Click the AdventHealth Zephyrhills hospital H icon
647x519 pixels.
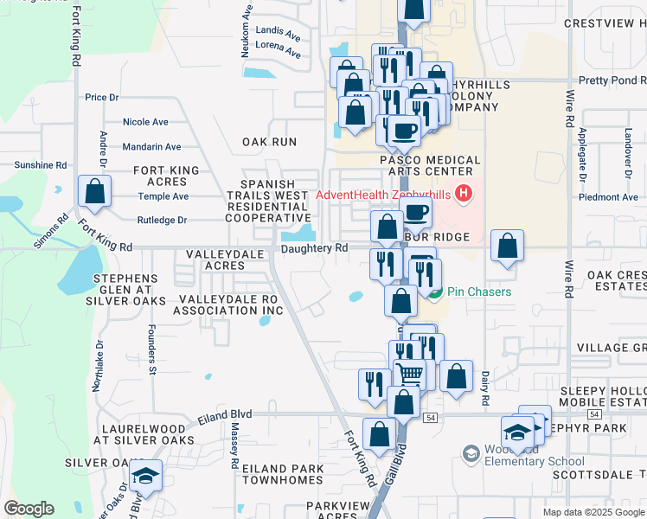tap(464, 193)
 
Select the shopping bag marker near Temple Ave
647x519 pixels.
tap(94, 192)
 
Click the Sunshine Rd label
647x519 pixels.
tap(41, 164)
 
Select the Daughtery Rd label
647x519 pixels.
tap(314, 248)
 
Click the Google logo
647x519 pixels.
tap(29, 509)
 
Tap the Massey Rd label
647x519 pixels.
tap(234, 446)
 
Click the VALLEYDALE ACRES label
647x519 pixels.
tap(216, 260)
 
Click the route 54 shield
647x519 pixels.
tap(430, 418)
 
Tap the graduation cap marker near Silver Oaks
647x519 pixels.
tap(146, 477)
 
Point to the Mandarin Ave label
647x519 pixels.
tap(151, 147)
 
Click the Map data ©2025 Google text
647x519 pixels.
tap(593, 512)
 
